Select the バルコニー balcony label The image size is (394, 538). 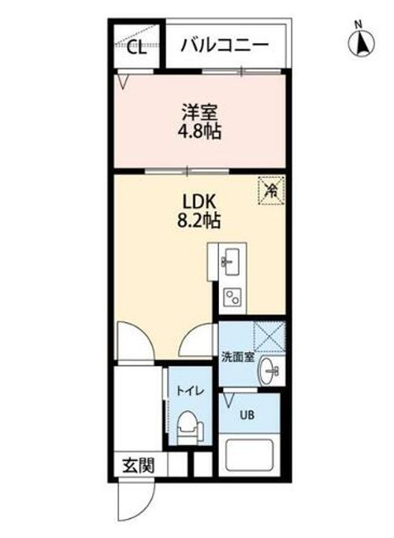coord(225,46)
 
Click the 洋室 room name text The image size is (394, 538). coord(199,112)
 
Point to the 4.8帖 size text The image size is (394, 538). coord(199,132)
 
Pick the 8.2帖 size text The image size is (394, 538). coord(199,221)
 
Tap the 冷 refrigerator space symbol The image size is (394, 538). coord(269,189)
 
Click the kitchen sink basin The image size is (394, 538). coord(231,261)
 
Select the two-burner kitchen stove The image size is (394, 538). coord(232,296)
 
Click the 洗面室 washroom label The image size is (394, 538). coord(236,356)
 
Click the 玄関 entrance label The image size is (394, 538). coord(138,464)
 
